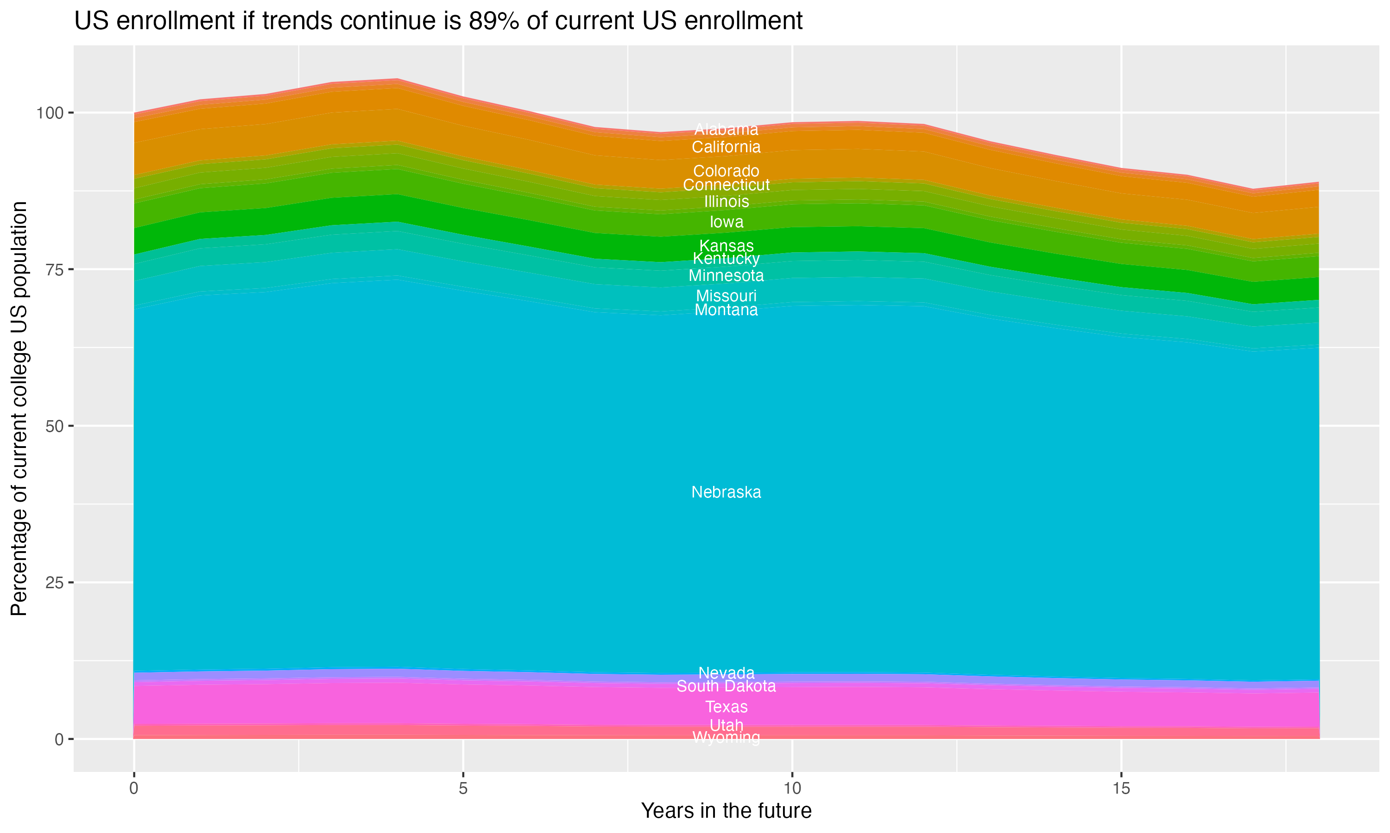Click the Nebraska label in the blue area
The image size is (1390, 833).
[726, 492]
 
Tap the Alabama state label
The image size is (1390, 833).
[726, 130]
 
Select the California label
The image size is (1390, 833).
[726, 147]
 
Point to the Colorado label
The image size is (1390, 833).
[726, 171]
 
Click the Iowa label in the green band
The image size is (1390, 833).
[726, 222]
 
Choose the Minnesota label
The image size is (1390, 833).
[726, 276]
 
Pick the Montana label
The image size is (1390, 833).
[726, 310]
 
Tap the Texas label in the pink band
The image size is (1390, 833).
[726, 707]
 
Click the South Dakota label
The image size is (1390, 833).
[726, 686]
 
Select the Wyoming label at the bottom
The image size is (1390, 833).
[726, 738]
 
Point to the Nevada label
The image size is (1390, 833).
[726, 672]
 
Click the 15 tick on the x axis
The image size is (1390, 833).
[1121, 789]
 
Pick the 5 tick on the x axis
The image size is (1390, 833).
[463, 789]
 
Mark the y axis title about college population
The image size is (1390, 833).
[19, 409]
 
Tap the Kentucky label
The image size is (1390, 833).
[726, 259]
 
